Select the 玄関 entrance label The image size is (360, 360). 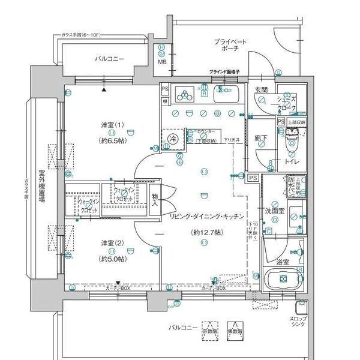(260, 90)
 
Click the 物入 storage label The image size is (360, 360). (155, 200)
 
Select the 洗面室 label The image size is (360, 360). (274, 211)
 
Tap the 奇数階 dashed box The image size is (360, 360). (210, 328)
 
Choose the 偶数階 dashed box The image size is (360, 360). (235, 328)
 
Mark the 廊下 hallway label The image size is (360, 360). (260, 137)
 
